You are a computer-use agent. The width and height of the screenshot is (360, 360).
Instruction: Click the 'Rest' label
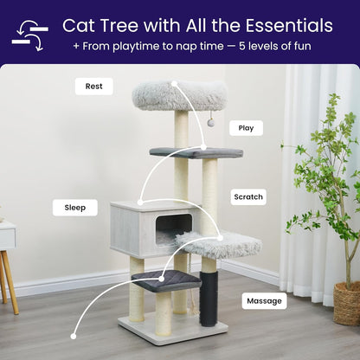[x=93, y=87]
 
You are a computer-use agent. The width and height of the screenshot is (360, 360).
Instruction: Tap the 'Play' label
[x=246, y=128]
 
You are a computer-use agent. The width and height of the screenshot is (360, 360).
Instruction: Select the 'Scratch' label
[x=248, y=197]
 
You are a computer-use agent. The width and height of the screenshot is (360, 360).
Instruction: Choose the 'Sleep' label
[x=75, y=208]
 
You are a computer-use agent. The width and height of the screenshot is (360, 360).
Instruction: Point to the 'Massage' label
[x=263, y=301]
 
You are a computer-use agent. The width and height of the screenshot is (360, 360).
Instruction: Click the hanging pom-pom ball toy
[x=211, y=123]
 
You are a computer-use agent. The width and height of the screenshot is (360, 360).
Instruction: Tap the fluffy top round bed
[x=179, y=94]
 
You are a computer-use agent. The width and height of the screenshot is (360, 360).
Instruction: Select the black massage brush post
[x=208, y=296]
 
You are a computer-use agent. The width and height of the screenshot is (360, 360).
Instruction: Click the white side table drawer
[x=6, y=236]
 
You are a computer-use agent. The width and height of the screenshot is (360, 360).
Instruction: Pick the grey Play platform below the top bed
[x=196, y=152]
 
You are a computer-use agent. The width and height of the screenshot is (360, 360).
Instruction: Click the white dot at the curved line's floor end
[x=74, y=336]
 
